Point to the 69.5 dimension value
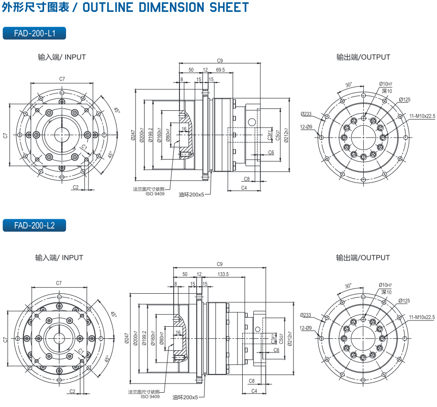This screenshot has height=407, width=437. (220, 70)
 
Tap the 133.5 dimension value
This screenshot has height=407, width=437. (223, 274)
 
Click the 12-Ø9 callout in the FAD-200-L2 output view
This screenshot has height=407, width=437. (306, 328)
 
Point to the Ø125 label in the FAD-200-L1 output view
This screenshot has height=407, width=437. (404, 100)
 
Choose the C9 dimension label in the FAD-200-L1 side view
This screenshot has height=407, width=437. (220, 61)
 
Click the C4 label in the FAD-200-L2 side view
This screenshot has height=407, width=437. (254, 391)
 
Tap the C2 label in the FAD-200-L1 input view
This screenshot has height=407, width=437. (76, 187)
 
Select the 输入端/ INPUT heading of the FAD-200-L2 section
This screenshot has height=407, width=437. (59, 257)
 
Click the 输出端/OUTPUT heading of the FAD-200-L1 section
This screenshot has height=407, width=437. (363, 57)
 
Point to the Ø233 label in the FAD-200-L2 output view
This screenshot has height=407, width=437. (306, 315)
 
